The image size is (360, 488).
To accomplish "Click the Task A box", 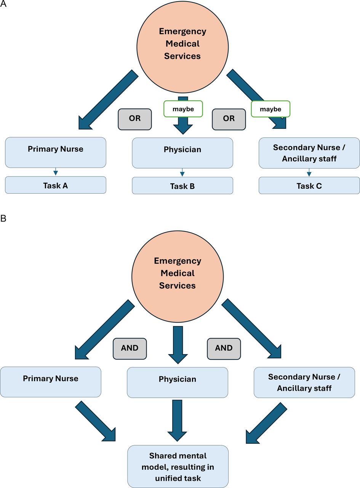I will tap(55, 185).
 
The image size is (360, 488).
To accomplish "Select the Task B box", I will tap(182, 186).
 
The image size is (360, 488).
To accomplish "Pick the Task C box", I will tap(309, 186).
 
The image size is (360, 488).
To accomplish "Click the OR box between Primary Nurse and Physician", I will tap(135, 118).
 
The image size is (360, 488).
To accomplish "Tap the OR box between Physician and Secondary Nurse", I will tap(229, 118).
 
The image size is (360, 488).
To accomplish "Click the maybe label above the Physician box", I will tap(183, 109).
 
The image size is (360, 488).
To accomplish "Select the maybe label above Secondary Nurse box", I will tap(270, 109).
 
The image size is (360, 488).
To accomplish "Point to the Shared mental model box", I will tap(178, 466).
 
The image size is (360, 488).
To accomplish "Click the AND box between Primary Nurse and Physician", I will tap(130, 348).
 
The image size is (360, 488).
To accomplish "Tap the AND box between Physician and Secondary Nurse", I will tap(224, 348).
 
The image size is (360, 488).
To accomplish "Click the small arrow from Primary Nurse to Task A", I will tap(55, 172).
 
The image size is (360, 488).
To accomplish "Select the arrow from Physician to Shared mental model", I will tap(178, 419).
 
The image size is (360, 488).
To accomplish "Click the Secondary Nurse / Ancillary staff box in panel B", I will tap(304, 382).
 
